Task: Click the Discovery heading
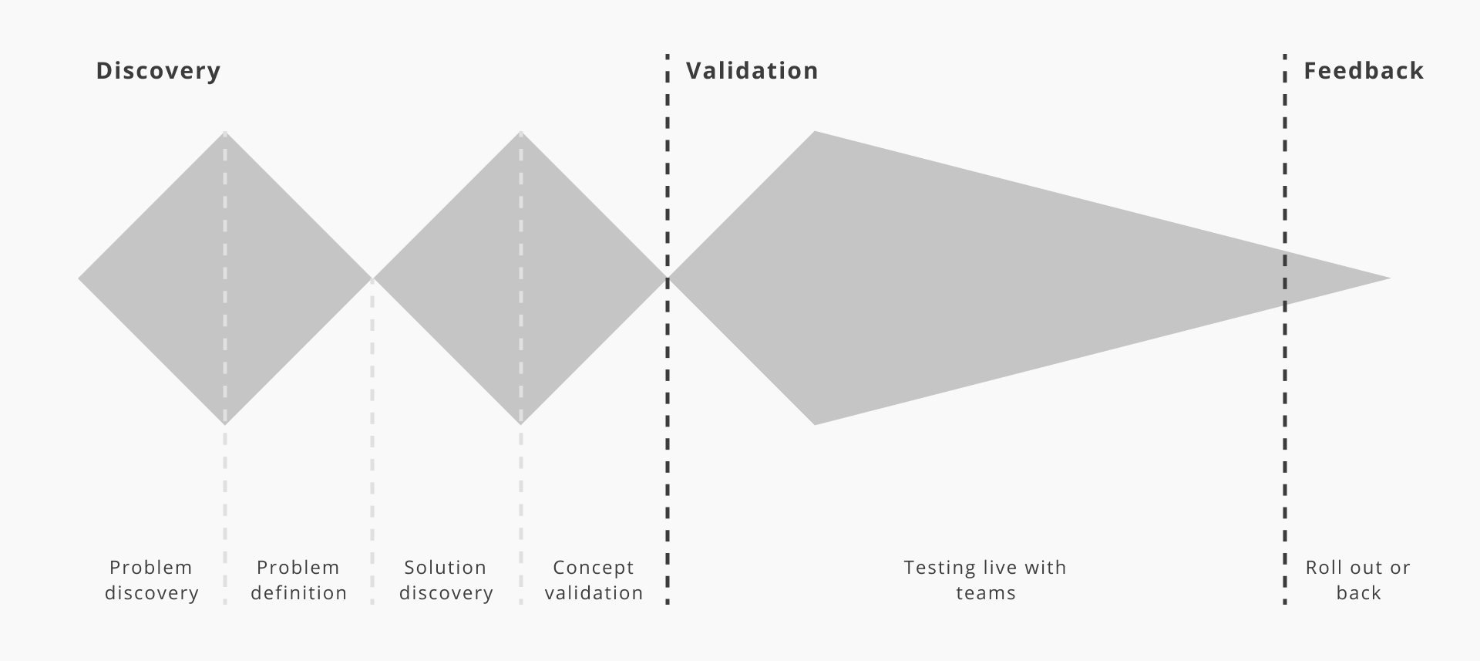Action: [x=158, y=71]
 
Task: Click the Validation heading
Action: [x=752, y=71]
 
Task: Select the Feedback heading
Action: [x=1363, y=71]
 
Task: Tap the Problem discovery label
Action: [x=151, y=580]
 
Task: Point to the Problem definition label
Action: [x=298, y=580]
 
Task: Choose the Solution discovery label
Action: [x=446, y=580]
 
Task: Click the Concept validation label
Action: [x=594, y=580]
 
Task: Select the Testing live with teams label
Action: [x=985, y=580]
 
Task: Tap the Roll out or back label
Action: [x=1357, y=580]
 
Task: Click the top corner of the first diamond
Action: [x=225, y=133]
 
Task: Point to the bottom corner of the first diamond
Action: [x=225, y=423]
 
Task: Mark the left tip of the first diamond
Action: [x=79, y=278]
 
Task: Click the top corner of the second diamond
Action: [x=521, y=133]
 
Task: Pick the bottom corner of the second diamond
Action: [x=521, y=423]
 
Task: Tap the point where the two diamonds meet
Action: [x=373, y=278]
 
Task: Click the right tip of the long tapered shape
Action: [x=1388, y=278]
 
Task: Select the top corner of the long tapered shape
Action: [x=815, y=133]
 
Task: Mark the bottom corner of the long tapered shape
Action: [x=815, y=423]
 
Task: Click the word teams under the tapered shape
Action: [x=986, y=593]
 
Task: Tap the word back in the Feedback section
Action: [x=1358, y=593]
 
